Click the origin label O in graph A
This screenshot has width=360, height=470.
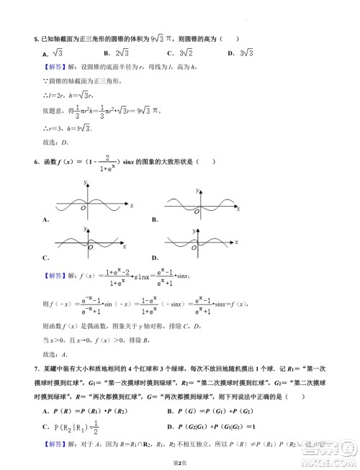(83, 209)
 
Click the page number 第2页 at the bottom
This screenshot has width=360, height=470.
(180, 461)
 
